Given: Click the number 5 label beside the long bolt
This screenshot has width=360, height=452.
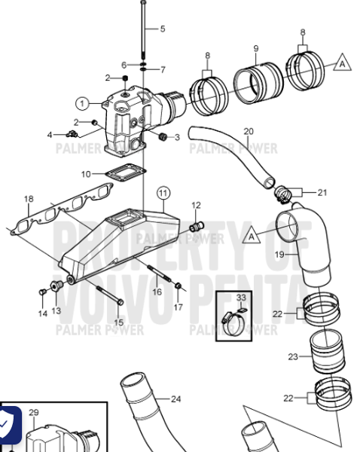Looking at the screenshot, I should [x=162, y=29].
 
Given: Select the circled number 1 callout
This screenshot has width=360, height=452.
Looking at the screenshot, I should [x=81, y=102].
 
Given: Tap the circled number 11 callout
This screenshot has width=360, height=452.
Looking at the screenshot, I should [x=161, y=192].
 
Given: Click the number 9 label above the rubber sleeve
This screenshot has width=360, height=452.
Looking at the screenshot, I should [x=256, y=49].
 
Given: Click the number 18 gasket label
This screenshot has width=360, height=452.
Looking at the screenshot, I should [x=29, y=199].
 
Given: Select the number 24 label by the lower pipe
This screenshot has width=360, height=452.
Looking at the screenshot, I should [x=175, y=399].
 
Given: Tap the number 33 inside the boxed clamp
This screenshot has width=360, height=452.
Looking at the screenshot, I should [x=240, y=298].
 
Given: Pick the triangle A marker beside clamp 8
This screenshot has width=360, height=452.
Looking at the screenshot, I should [x=343, y=63].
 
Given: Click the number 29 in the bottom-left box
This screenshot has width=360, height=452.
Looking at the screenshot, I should [x=33, y=413].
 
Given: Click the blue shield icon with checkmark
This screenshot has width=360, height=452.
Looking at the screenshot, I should [x=8, y=424].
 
